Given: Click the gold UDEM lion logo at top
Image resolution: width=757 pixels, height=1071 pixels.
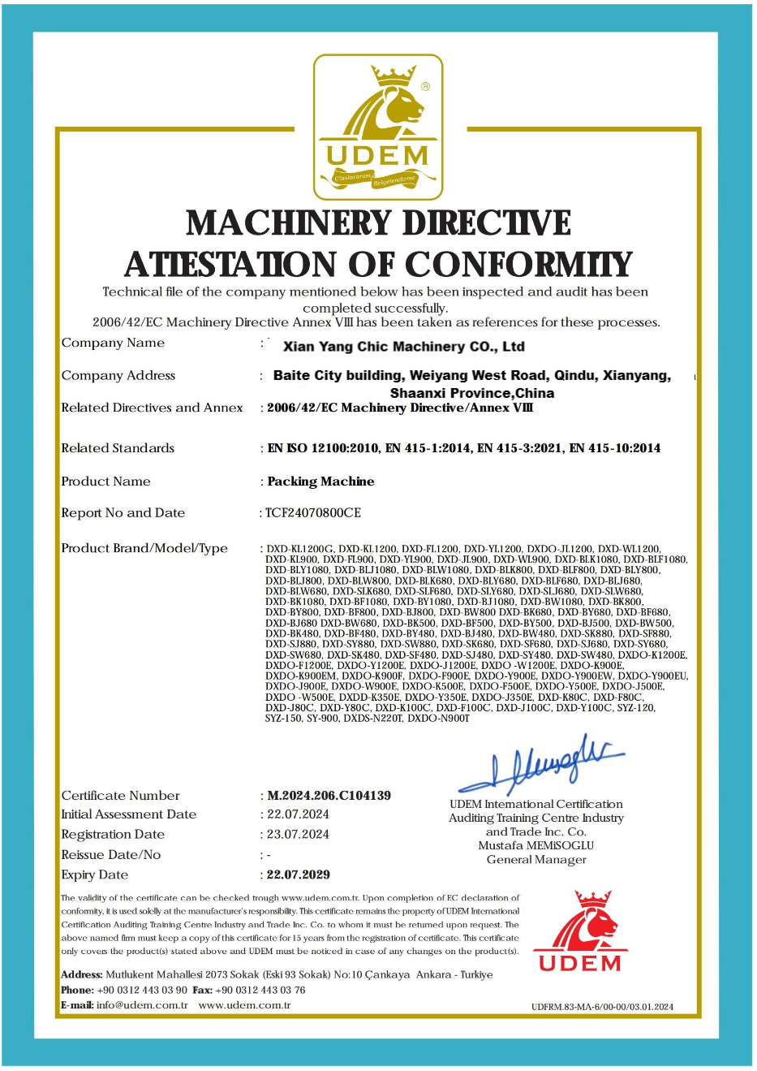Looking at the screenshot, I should (378, 127).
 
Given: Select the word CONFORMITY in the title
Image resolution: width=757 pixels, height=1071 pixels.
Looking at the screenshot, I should (518, 265).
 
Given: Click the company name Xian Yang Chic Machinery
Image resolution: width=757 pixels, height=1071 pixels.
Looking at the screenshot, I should (403, 347).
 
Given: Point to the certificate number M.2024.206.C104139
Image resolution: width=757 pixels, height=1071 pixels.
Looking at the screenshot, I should (329, 796).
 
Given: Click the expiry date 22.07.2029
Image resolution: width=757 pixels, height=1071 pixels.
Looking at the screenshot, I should (299, 875).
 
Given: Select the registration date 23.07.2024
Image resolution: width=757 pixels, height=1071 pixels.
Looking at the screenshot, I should (298, 834).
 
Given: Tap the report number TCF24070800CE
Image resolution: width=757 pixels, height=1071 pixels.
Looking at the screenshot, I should (313, 512).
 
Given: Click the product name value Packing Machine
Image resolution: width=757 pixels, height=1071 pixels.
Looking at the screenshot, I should (320, 482).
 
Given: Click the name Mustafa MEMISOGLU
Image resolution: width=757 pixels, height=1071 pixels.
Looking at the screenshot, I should (536, 845).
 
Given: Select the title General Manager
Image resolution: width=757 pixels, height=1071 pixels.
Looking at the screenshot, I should (536, 859).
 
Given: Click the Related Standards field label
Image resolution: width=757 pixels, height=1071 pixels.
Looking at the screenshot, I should (118, 448).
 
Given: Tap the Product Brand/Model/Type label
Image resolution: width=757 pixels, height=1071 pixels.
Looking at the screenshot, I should (144, 548).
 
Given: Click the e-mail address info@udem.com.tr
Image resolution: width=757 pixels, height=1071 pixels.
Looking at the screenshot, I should (142, 1005).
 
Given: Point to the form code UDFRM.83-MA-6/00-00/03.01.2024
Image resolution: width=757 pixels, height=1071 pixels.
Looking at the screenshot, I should (602, 1007).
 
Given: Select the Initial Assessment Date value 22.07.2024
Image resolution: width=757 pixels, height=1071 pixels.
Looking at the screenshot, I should (298, 814).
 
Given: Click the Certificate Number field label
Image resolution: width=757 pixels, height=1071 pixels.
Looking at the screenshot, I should (120, 796).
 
